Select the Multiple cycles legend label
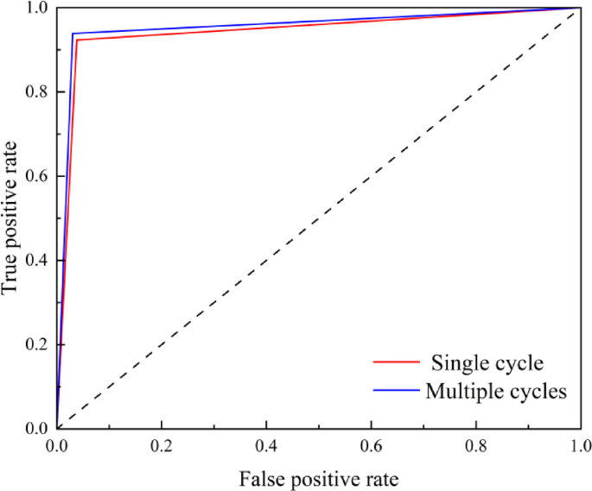click(x=496, y=391)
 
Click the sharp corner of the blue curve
click(x=73, y=34)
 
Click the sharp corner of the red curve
click(x=77, y=41)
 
